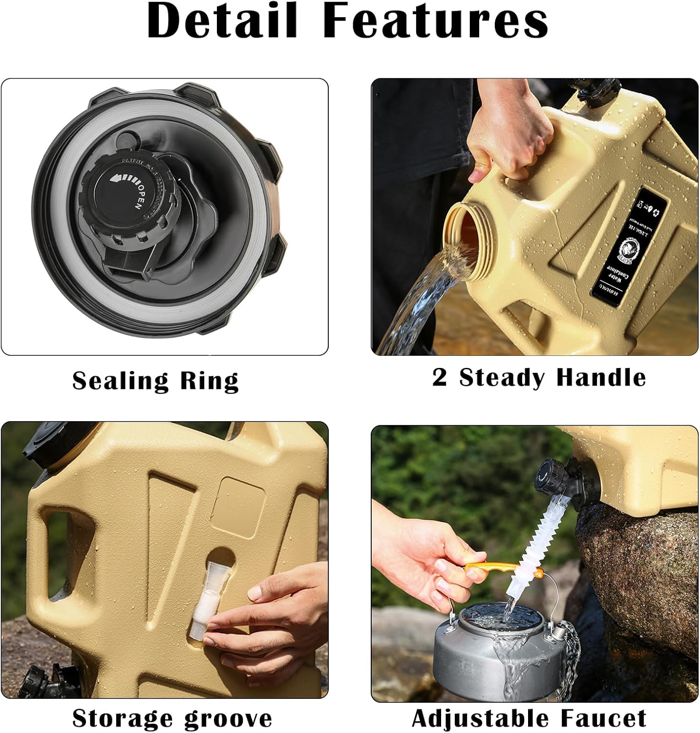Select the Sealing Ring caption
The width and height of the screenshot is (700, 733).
click(x=155, y=381)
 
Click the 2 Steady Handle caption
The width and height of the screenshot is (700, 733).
click(x=539, y=378)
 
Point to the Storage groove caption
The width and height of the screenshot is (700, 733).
click(x=172, y=718)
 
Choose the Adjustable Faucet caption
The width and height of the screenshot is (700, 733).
click(x=529, y=718)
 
